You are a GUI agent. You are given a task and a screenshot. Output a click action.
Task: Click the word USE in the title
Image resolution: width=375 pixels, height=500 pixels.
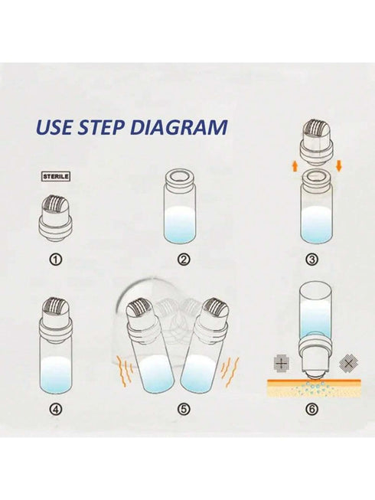pyautogui.click(x=54, y=126)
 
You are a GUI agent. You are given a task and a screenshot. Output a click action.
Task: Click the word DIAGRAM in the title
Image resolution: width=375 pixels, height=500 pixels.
pyautogui.click(x=179, y=126)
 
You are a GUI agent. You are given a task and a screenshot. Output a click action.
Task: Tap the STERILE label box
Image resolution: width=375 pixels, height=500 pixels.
pyautogui.click(x=56, y=176)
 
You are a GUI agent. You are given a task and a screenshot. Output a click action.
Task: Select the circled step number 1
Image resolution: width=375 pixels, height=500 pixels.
pyautogui.click(x=56, y=260)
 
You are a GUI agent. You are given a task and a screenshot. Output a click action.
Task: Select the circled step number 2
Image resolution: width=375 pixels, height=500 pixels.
pyautogui.click(x=184, y=260)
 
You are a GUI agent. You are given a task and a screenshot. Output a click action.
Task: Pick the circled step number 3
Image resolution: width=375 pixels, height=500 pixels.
pyautogui.click(x=312, y=260)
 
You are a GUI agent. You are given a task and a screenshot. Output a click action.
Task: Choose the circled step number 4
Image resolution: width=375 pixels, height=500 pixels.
pyautogui.click(x=56, y=409)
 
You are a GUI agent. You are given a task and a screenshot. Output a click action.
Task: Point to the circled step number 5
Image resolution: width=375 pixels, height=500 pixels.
pyautogui.click(x=184, y=409)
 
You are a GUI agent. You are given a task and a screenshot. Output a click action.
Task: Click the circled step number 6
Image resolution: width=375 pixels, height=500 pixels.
pyautogui.click(x=312, y=409)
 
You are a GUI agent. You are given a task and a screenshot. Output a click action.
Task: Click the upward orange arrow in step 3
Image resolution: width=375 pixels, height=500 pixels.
pyautogui.click(x=295, y=166)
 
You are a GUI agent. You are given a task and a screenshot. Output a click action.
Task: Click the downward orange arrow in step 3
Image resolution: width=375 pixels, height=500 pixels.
pyautogui.click(x=339, y=166)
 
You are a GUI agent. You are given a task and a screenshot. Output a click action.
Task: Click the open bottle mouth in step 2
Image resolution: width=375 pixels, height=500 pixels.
pyautogui.click(x=180, y=177)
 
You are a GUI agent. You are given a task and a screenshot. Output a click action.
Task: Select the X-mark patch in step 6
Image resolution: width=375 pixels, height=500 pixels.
pyautogui.click(x=349, y=363)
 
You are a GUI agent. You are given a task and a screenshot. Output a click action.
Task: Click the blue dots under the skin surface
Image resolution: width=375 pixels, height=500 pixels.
pyautogui.click(x=315, y=387)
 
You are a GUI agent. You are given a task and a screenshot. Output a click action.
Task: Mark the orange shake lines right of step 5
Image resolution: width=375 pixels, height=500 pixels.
pyautogui.click(x=230, y=371)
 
